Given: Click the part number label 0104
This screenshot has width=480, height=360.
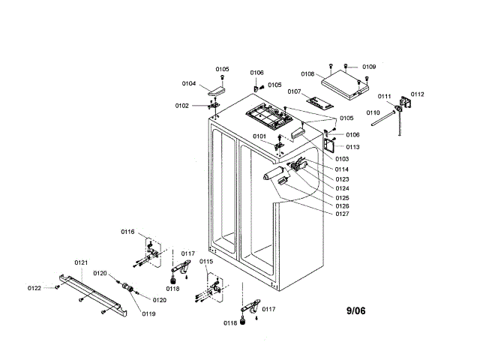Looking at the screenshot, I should (x=189, y=83).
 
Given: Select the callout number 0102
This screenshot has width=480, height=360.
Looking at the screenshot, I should (x=182, y=106).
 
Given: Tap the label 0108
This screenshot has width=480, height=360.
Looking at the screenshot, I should (x=307, y=74).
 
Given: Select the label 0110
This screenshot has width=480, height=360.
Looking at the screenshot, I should (x=373, y=112).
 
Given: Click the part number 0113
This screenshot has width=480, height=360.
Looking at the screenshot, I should (x=352, y=147).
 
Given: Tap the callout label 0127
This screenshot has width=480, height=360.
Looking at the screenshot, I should (x=342, y=214).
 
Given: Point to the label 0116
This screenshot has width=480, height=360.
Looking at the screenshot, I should (x=127, y=232).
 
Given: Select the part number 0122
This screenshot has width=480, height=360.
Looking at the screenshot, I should (x=35, y=288).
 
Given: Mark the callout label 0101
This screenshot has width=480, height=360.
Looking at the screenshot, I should (x=259, y=136).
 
